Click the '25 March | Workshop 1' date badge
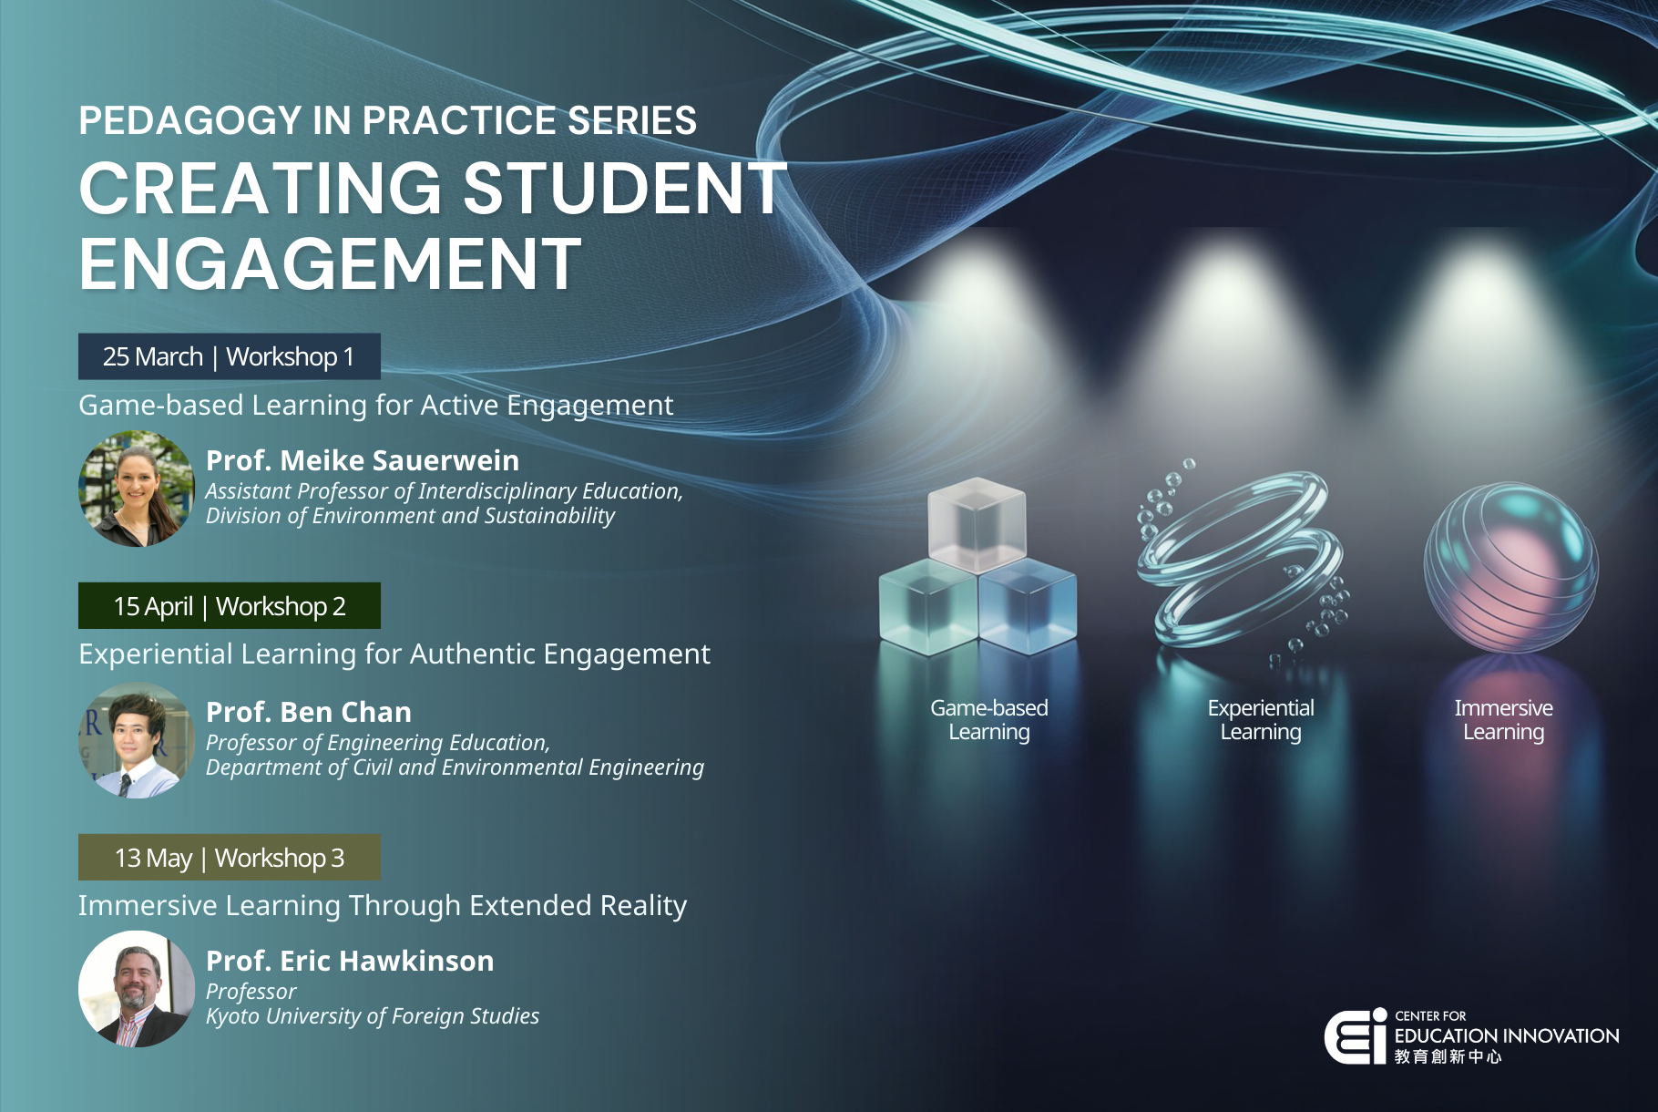click(229, 356)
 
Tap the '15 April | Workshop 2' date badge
click(229, 606)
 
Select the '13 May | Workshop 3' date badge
click(229, 858)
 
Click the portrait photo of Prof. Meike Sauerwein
click(137, 489)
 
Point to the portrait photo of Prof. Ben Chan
click(137, 740)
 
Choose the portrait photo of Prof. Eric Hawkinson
click(137, 989)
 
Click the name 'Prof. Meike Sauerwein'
click(363, 461)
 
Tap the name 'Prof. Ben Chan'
click(309, 712)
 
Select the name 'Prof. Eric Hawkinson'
click(350, 961)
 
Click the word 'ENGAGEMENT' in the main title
click(330, 264)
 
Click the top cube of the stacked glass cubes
click(977, 520)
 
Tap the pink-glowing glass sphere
click(1510, 568)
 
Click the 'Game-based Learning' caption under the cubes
click(989, 720)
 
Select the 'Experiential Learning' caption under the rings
click(1261, 720)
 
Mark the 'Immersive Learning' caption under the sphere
click(1503, 720)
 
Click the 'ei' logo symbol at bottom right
click(1356, 1036)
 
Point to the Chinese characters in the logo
click(1448, 1056)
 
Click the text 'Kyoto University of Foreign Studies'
click(373, 1016)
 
